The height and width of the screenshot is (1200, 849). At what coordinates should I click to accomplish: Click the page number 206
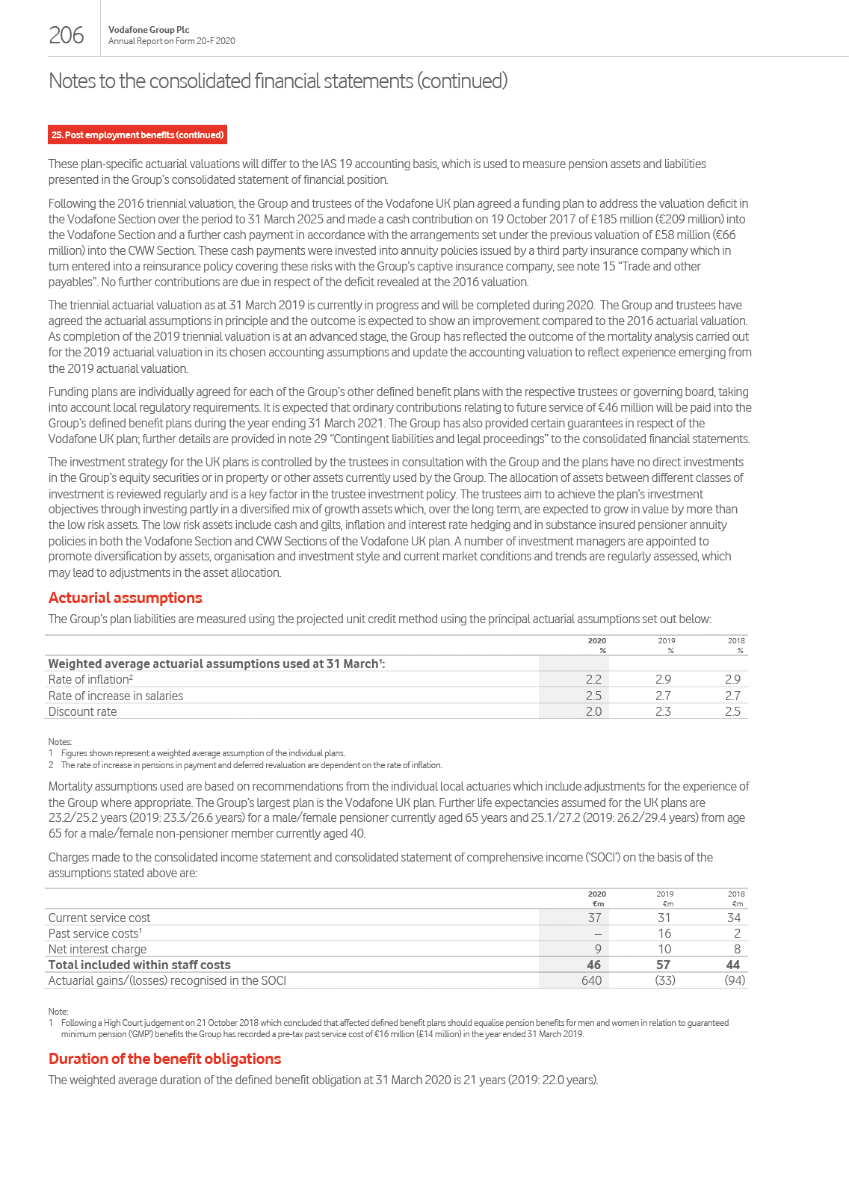(x=67, y=35)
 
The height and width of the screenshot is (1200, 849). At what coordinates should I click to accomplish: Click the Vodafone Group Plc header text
(x=149, y=30)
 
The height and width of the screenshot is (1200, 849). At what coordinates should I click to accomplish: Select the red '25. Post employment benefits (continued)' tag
(x=138, y=135)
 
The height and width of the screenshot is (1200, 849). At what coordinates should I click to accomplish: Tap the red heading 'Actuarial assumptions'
(x=125, y=598)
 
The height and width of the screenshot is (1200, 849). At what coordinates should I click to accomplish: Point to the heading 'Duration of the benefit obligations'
(x=164, y=1059)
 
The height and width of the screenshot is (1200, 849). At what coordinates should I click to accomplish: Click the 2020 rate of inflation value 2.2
(x=593, y=679)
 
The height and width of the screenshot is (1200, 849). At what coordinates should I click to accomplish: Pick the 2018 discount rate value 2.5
(x=732, y=711)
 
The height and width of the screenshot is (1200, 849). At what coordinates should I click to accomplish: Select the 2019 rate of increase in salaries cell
(x=663, y=696)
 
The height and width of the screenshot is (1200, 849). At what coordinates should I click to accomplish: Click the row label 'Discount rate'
(x=82, y=711)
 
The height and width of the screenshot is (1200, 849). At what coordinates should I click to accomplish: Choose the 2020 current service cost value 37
(x=594, y=918)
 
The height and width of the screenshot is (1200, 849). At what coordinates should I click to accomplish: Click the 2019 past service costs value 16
(x=664, y=933)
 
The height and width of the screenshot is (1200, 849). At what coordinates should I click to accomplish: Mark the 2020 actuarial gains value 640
(x=591, y=980)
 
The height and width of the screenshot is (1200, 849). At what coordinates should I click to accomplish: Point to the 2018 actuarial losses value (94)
(x=735, y=980)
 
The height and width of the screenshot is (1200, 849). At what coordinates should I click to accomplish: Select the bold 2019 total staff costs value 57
(x=663, y=965)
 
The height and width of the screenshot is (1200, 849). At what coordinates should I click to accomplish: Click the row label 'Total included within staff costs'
(x=139, y=965)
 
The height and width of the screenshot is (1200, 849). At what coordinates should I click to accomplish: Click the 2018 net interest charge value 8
(x=737, y=949)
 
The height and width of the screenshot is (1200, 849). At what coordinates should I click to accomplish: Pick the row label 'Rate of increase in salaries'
(x=115, y=696)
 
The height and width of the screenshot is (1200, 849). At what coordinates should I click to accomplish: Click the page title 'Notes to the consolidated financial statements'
(x=277, y=81)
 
